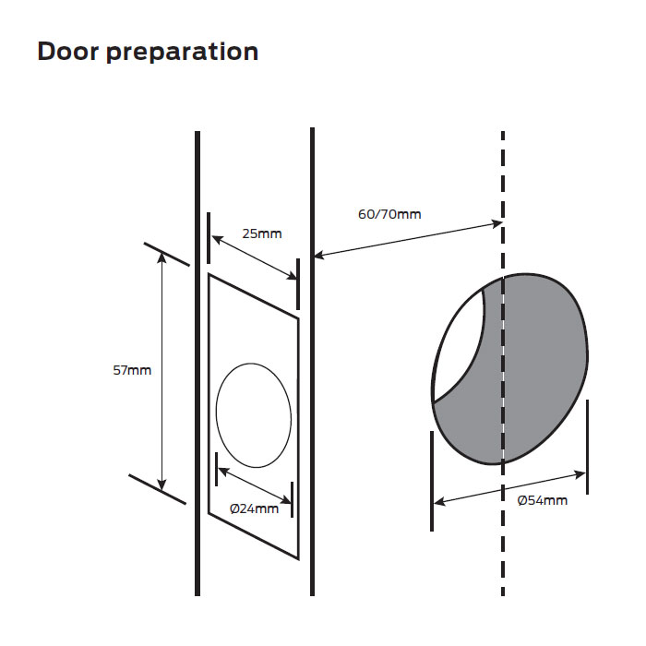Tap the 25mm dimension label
(x=262, y=233)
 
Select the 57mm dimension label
(x=133, y=371)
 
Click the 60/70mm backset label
(x=389, y=214)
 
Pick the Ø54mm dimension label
(x=543, y=500)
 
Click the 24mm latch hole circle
(x=253, y=415)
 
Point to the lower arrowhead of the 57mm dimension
(x=162, y=484)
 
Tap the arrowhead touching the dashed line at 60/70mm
(x=496, y=224)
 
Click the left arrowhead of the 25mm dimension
(x=216, y=238)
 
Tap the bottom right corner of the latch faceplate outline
(x=299, y=558)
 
